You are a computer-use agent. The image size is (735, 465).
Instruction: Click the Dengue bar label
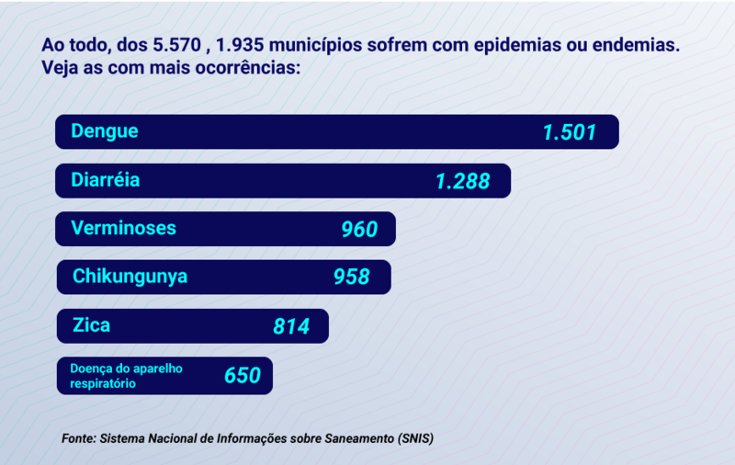point(105,131)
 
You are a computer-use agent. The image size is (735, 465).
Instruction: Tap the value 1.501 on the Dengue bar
point(570,132)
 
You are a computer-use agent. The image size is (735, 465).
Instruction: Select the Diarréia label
point(106,180)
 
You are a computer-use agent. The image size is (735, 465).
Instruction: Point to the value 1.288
point(463,181)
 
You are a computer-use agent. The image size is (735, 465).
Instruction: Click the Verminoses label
point(123,228)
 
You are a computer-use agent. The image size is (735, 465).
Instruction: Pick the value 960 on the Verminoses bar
point(359,229)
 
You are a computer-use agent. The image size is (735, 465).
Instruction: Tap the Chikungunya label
point(130,276)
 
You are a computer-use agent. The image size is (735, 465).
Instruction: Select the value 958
point(352,277)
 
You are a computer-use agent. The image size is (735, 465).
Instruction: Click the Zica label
point(91,324)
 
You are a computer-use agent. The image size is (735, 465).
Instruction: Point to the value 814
point(291,326)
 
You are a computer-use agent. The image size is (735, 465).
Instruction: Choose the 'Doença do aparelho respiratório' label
point(127,376)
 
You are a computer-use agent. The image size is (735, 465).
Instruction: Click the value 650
point(243,375)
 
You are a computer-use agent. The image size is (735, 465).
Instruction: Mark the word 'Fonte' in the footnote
point(78,438)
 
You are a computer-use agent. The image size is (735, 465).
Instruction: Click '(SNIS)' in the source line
point(415,438)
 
